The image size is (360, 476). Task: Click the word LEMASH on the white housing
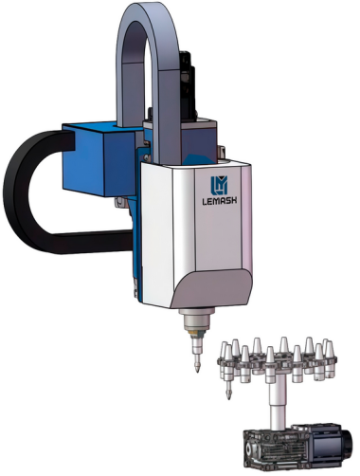coord(220,201)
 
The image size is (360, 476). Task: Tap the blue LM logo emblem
coord(219,185)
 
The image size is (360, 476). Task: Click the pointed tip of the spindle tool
coord(197,372)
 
